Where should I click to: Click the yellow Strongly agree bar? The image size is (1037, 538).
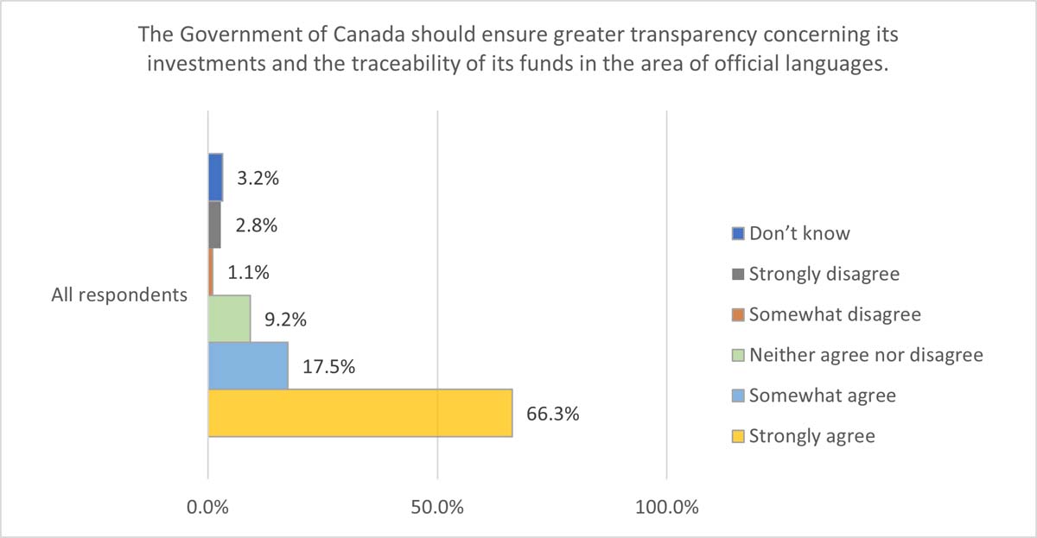[x=359, y=413]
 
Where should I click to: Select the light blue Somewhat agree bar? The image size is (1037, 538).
[x=248, y=365]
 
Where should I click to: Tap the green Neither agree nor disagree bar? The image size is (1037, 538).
[x=229, y=319]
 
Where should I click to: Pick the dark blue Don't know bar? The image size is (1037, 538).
[x=215, y=177]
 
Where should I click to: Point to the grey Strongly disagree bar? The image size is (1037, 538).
[x=214, y=225]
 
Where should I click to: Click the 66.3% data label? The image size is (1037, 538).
[x=552, y=413]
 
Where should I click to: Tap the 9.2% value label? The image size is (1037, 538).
[x=285, y=320]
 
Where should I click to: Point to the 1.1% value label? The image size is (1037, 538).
[x=248, y=272]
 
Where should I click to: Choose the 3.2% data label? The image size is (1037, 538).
[x=258, y=179]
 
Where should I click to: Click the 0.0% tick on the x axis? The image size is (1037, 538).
[x=208, y=507]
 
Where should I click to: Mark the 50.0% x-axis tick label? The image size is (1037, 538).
[x=437, y=507]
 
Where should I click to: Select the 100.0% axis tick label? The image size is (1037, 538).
[x=666, y=507]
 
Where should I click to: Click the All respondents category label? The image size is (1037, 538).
[x=119, y=295]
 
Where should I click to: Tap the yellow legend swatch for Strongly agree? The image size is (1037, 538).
[x=737, y=436]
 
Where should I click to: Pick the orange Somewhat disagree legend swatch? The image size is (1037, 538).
[x=737, y=314]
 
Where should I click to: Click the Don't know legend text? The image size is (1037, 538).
[x=799, y=233]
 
